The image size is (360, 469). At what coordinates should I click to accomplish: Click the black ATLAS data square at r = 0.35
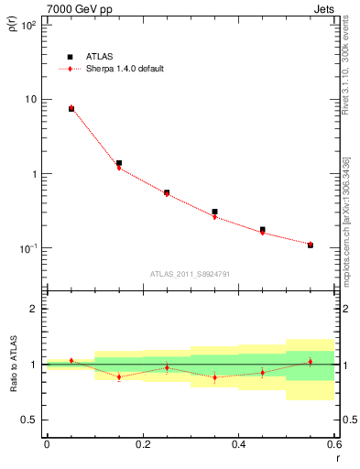[214, 212]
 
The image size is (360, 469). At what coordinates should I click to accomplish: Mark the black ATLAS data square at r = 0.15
[119, 163]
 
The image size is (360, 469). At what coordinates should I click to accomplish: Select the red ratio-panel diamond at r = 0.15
[119, 376]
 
